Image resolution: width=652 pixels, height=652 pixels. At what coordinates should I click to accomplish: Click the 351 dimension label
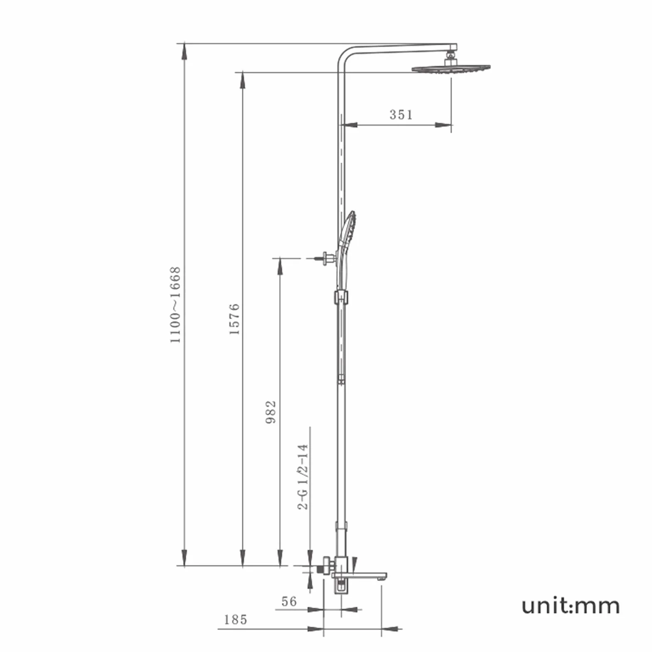point(401,114)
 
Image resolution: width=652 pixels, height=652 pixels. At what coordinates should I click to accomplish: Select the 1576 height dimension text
point(234,319)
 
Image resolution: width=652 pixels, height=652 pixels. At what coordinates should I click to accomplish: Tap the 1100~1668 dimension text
point(175,305)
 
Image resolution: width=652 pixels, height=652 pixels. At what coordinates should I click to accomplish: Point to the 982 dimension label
point(271,412)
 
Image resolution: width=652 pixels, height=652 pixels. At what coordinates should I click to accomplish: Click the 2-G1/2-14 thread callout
point(303,477)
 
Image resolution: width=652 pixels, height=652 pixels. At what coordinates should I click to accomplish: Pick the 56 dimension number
point(289,601)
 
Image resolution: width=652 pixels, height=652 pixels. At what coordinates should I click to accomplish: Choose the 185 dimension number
point(236,620)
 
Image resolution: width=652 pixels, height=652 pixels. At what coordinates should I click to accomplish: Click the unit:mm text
point(571,606)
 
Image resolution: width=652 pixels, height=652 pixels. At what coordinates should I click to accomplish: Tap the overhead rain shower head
point(451,68)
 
